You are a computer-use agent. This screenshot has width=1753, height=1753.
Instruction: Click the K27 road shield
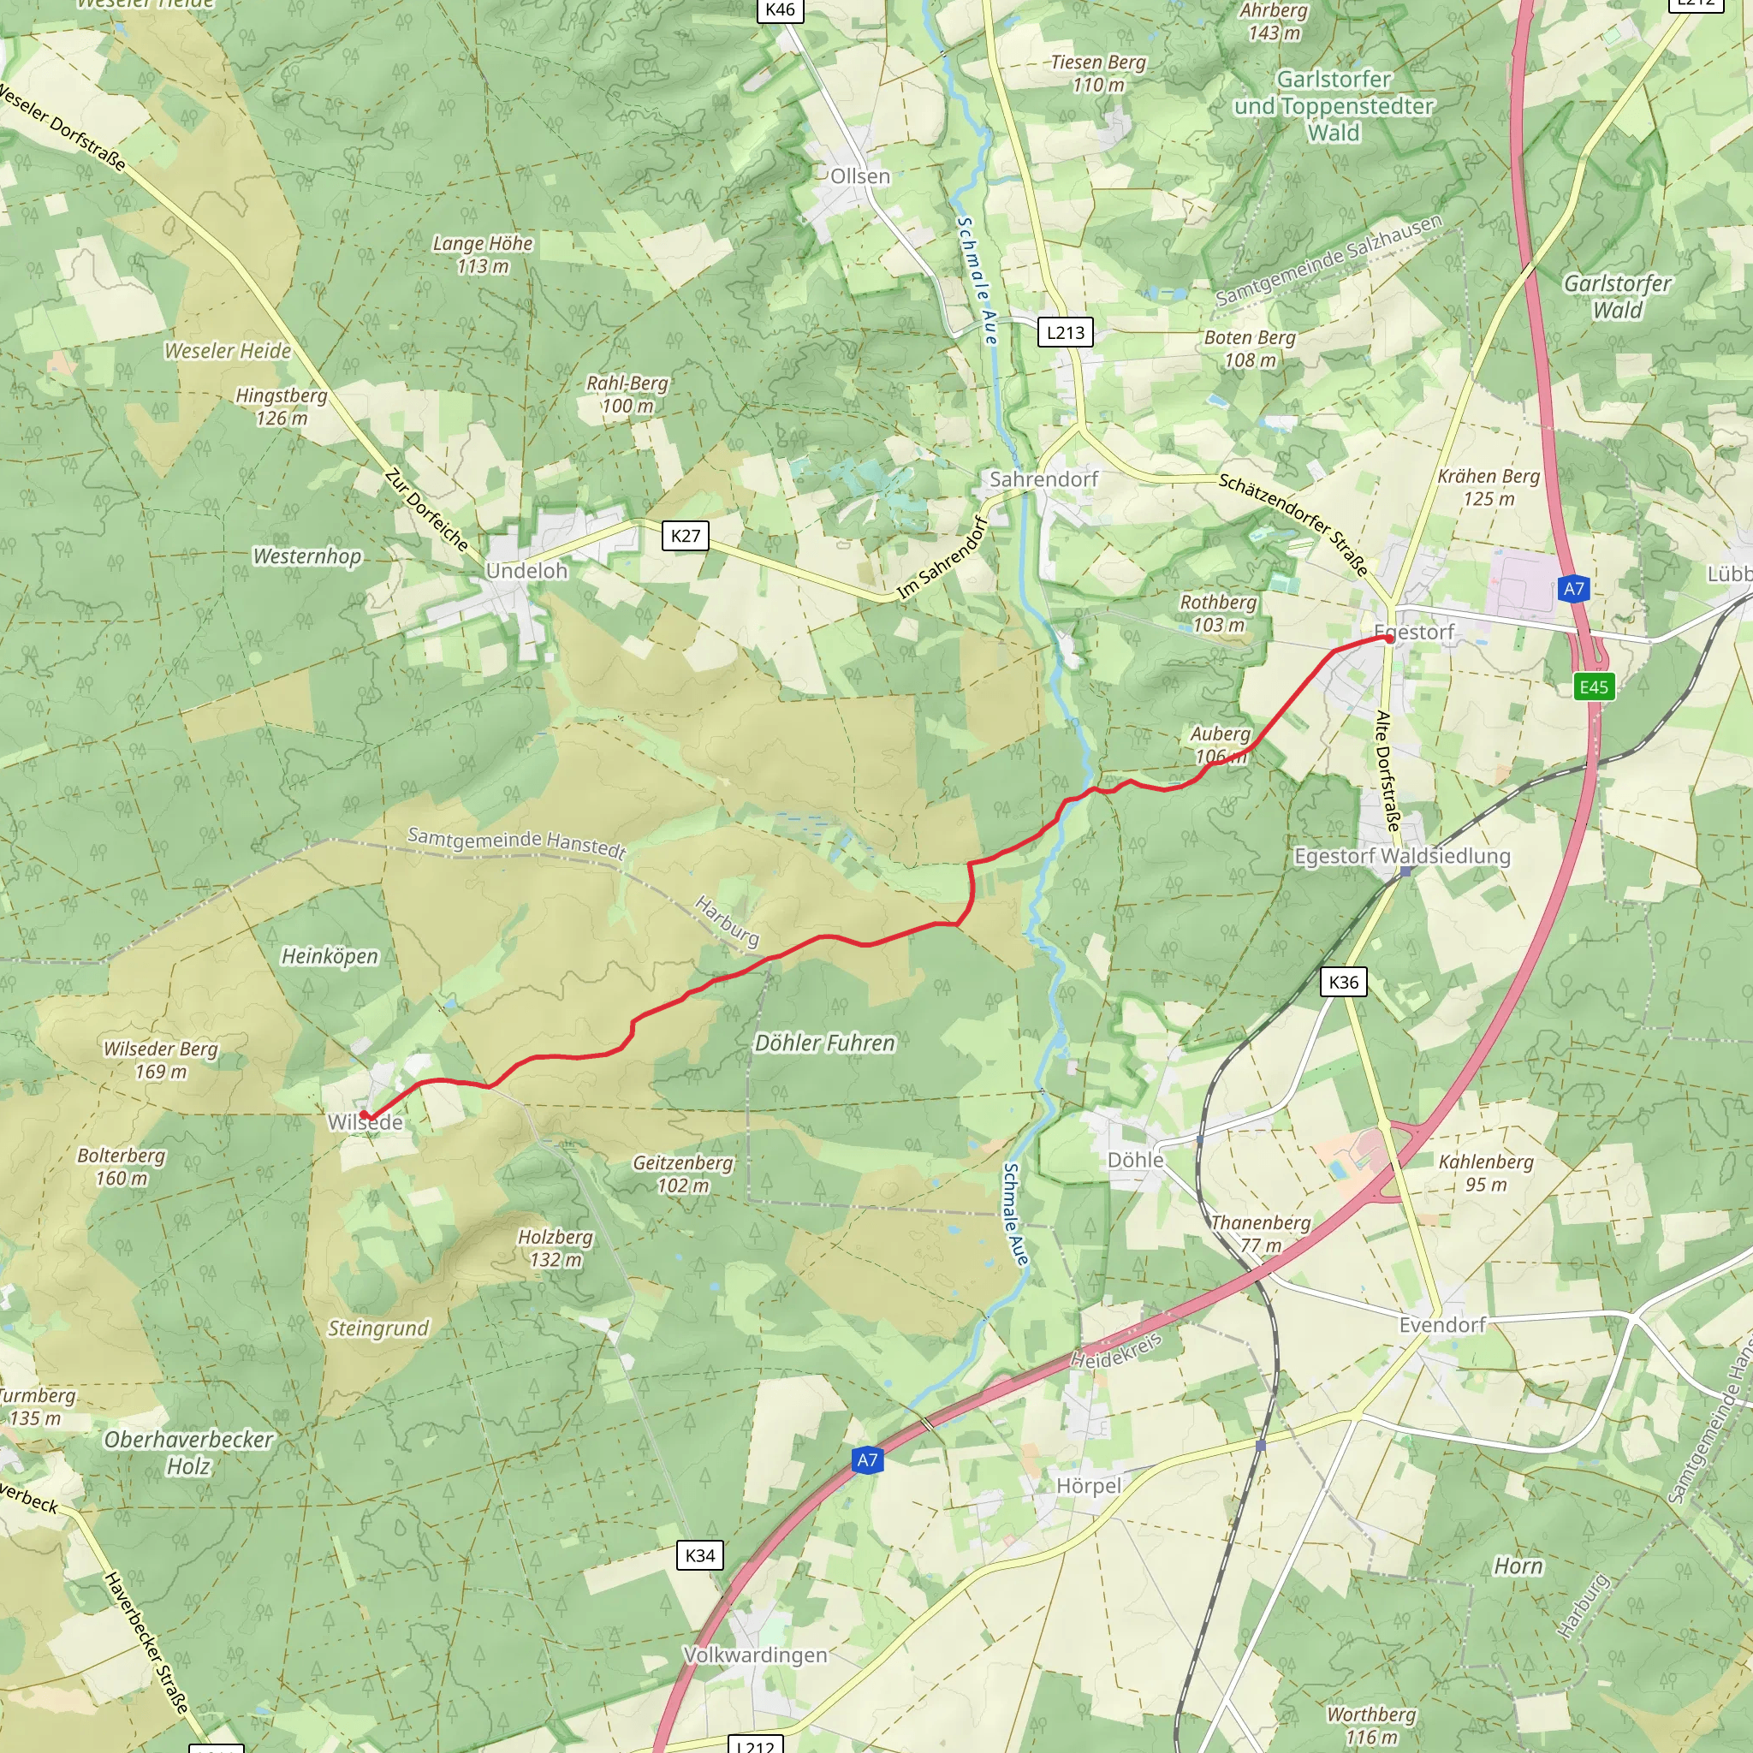685,535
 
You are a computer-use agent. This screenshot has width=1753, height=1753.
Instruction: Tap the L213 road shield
1065,332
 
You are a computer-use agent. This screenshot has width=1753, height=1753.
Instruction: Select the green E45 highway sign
1593,686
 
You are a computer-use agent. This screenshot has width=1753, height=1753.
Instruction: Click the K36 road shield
1343,982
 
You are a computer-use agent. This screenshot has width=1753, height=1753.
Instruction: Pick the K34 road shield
699,1555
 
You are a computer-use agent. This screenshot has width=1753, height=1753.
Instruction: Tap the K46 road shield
780,10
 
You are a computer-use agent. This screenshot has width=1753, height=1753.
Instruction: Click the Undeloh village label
526,571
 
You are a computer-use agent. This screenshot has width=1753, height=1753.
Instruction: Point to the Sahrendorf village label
1043,479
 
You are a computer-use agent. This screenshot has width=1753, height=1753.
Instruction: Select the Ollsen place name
860,176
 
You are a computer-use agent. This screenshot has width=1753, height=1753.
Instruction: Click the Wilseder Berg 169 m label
161,1060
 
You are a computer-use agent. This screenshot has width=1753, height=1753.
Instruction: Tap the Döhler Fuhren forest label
825,1043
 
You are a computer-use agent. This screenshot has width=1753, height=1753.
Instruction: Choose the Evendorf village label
1441,1325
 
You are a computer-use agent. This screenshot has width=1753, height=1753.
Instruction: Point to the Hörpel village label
1089,1485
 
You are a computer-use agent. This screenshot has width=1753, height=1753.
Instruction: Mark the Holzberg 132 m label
556,1248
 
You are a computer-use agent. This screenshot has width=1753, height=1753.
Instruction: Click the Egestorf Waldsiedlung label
1402,856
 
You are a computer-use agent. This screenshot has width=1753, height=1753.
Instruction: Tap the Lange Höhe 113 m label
483,254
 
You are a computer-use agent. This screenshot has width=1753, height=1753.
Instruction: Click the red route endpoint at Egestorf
1389,639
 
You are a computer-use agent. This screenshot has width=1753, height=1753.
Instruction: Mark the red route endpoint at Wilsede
365,1114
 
